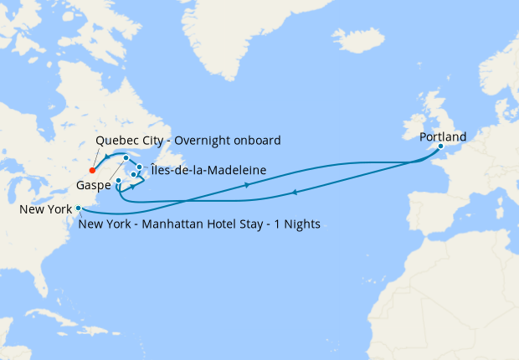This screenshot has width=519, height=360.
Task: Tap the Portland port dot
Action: pyautogui.click(x=440, y=147)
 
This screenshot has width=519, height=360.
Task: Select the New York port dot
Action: pyautogui.click(x=79, y=208)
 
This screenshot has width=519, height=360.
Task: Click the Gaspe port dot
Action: pyautogui.click(x=119, y=181)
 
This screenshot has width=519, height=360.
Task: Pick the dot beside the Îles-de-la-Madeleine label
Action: pyautogui.click(x=139, y=167)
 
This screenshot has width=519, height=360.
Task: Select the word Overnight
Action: pyautogui.click(x=207, y=139)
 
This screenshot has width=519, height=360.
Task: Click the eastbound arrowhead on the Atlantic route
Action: pyautogui.click(x=248, y=185)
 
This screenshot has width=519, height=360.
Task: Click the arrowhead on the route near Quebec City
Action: pyautogui.click(x=107, y=160)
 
